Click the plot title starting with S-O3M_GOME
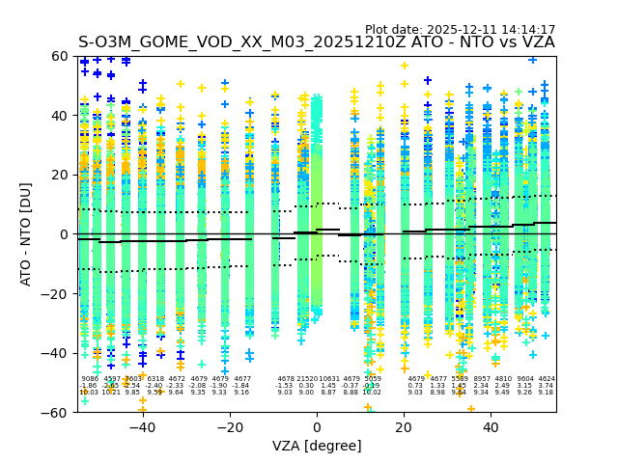coord(316,42)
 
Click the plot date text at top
coord(460,30)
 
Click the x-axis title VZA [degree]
coord(317,446)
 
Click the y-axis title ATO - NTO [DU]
coord(26,234)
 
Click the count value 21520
coord(307,379)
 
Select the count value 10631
coord(329,379)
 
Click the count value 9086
coord(90,379)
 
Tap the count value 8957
coord(481,379)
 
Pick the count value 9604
coord(525,379)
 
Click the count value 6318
coord(155,379)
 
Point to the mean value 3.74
coord(547,386)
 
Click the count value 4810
coord(503,379)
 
